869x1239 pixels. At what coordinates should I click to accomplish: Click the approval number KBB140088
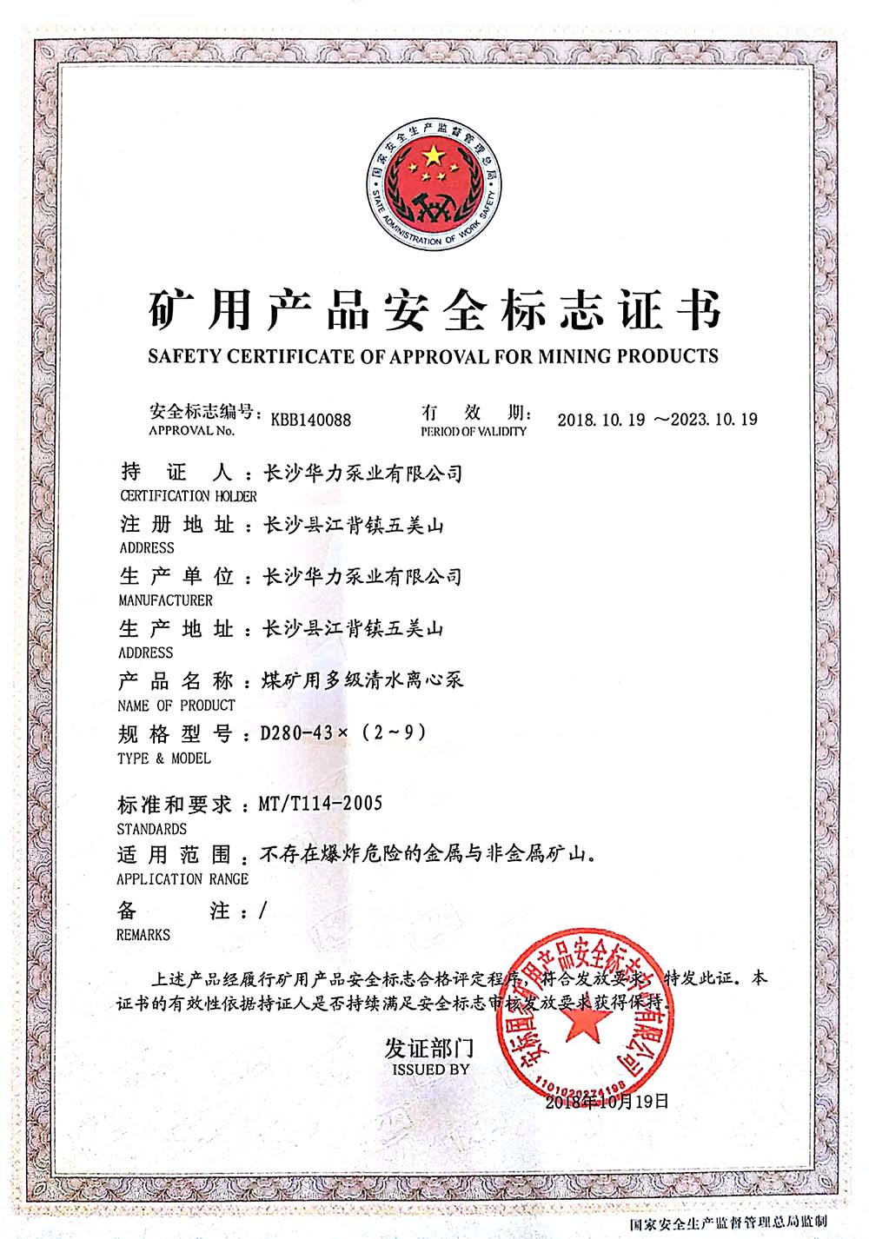pos(311,420)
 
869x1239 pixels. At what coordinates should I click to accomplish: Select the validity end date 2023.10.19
pos(714,420)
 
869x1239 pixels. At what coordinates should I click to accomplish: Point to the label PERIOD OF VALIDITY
pos(474,432)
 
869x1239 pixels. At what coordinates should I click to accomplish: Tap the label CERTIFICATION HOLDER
pos(189,496)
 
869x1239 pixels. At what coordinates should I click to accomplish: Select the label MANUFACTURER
pos(165,600)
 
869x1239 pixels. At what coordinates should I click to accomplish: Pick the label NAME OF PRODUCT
pos(176,706)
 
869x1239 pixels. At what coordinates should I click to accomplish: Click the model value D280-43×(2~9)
pos(344,733)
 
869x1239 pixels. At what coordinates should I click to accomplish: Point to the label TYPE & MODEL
pos(163,759)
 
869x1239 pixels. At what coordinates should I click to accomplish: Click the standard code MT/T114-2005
pos(321,804)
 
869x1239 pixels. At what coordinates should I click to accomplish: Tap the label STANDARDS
pos(151,829)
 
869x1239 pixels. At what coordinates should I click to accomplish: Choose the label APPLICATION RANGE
pos(182,879)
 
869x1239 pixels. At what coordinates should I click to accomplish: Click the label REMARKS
pos(143,935)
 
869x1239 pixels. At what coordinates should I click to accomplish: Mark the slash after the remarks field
pos(263,911)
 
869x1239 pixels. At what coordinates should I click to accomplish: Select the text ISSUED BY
pos(430,1070)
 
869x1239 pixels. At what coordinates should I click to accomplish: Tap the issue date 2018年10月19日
pos(607,1102)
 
